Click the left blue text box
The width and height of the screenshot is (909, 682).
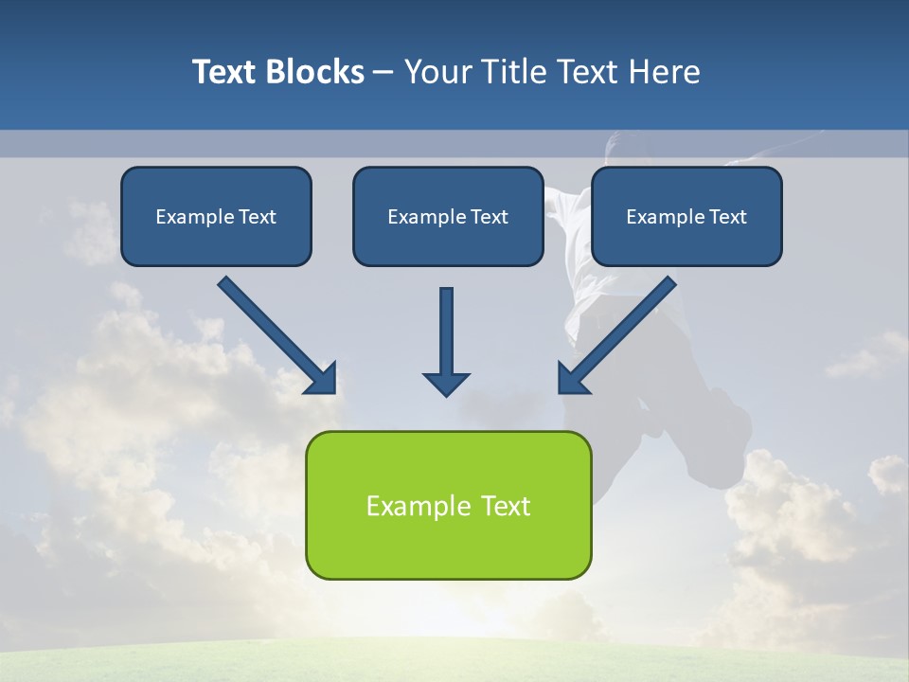216,216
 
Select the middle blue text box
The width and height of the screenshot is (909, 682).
448,216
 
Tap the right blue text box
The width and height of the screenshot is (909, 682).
686,216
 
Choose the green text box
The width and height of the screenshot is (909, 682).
448,505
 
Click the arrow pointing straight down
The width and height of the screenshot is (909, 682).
446,336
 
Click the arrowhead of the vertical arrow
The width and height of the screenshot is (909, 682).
446,384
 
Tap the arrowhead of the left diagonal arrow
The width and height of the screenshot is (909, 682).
322,378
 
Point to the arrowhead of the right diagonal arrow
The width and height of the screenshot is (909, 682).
573,378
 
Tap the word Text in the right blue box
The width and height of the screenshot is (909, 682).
728,217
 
